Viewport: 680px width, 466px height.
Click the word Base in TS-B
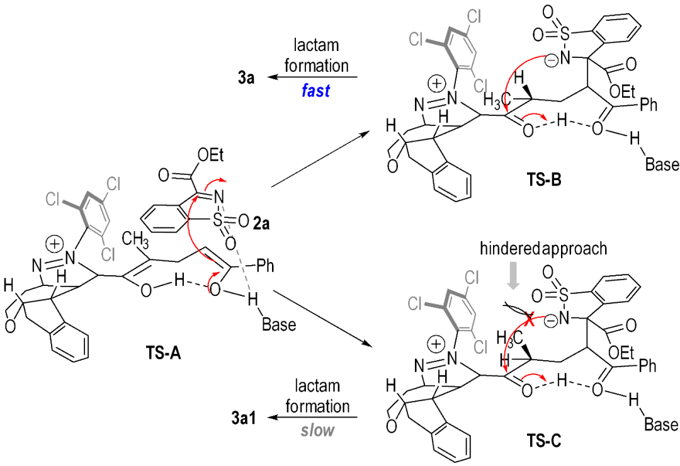point(661,166)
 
